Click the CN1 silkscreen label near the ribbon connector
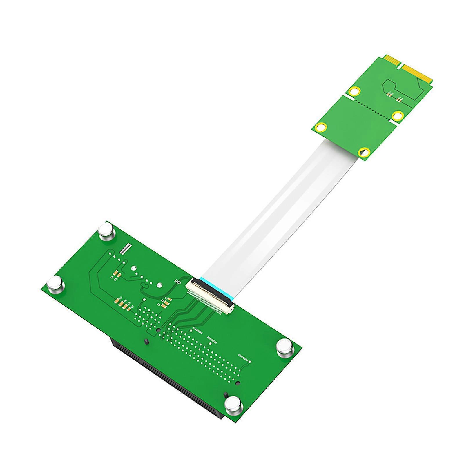tap(177, 282)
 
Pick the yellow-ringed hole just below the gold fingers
tap(354, 92)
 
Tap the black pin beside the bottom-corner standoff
tap(225, 396)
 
